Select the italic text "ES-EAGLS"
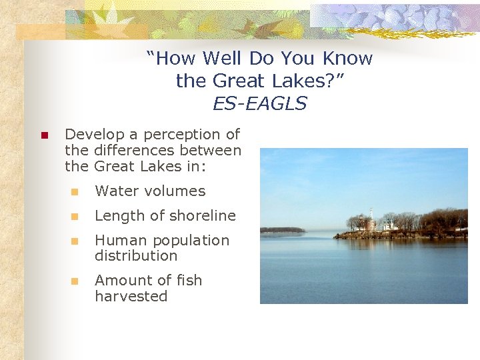pos(259,103)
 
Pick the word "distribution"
pos(136,256)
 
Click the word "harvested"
pos(131,297)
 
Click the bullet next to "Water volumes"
pos(75,192)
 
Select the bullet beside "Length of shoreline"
pos(75,217)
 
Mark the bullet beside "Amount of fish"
pos(75,281)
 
